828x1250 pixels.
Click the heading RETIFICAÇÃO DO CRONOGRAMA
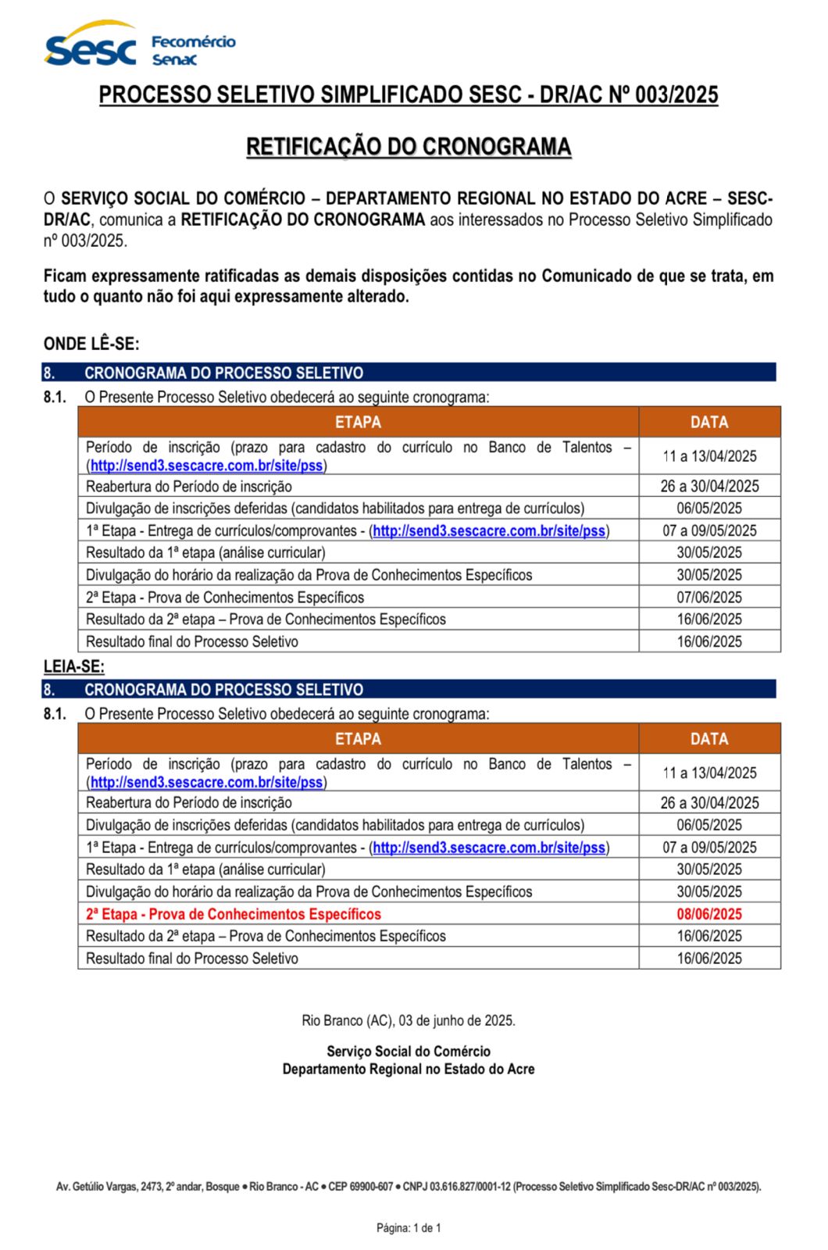pyautogui.click(x=409, y=147)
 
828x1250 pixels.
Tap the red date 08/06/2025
pyautogui.click(x=709, y=914)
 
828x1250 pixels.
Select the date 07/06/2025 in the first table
pyautogui.click(x=709, y=598)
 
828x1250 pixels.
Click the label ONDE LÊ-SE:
pyautogui.click(x=91, y=344)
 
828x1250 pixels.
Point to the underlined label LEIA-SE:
pyautogui.click(x=74, y=666)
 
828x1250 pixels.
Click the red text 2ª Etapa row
pyautogui.click(x=234, y=914)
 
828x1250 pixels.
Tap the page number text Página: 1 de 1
pyautogui.click(x=409, y=1228)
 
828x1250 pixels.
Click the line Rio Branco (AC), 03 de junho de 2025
pyautogui.click(x=409, y=1021)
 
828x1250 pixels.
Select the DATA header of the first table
pyautogui.click(x=709, y=422)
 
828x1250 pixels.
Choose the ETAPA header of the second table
pyautogui.click(x=358, y=739)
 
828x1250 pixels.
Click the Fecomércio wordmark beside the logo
pyautogui.click(x=193, y=41)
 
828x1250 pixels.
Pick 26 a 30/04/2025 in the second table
pyautogui.click(x=709, y=803)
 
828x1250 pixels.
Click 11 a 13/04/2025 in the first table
pyautogui.click(x=709, y=456)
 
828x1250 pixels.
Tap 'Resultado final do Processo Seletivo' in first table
pyautogui.click(x=192, y=642)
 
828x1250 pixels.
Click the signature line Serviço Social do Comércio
pyautogui.click(x=409, y=1052)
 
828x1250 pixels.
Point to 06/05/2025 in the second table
pyautogui.click(x=709, y=825)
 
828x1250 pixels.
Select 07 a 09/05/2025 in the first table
pyautogui.click(x=709, y=531)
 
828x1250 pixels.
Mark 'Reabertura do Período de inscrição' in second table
pyautogui.click(x=189, y=803)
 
